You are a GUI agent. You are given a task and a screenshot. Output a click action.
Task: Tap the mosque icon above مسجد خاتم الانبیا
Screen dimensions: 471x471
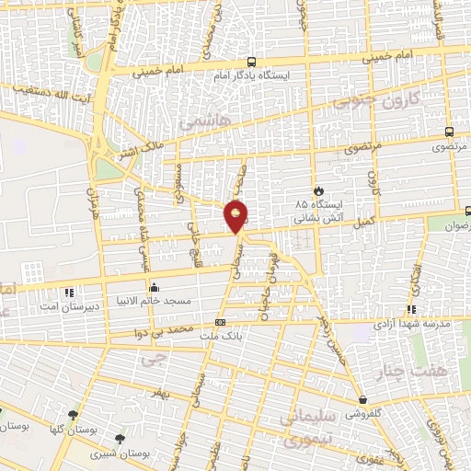tap(153, 286)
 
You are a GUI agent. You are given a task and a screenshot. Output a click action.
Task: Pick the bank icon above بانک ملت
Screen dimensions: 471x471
tap(220, 322)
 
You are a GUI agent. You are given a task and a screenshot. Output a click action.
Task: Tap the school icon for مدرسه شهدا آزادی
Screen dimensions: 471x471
tap(410, 310)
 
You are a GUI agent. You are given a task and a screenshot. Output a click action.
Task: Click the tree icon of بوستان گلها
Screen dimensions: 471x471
tap(73, 415)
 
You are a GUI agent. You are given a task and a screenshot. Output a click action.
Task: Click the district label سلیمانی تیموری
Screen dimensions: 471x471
tap(307, 430)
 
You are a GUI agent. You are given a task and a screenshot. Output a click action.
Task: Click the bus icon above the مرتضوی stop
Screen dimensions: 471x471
tap(448, 132)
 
